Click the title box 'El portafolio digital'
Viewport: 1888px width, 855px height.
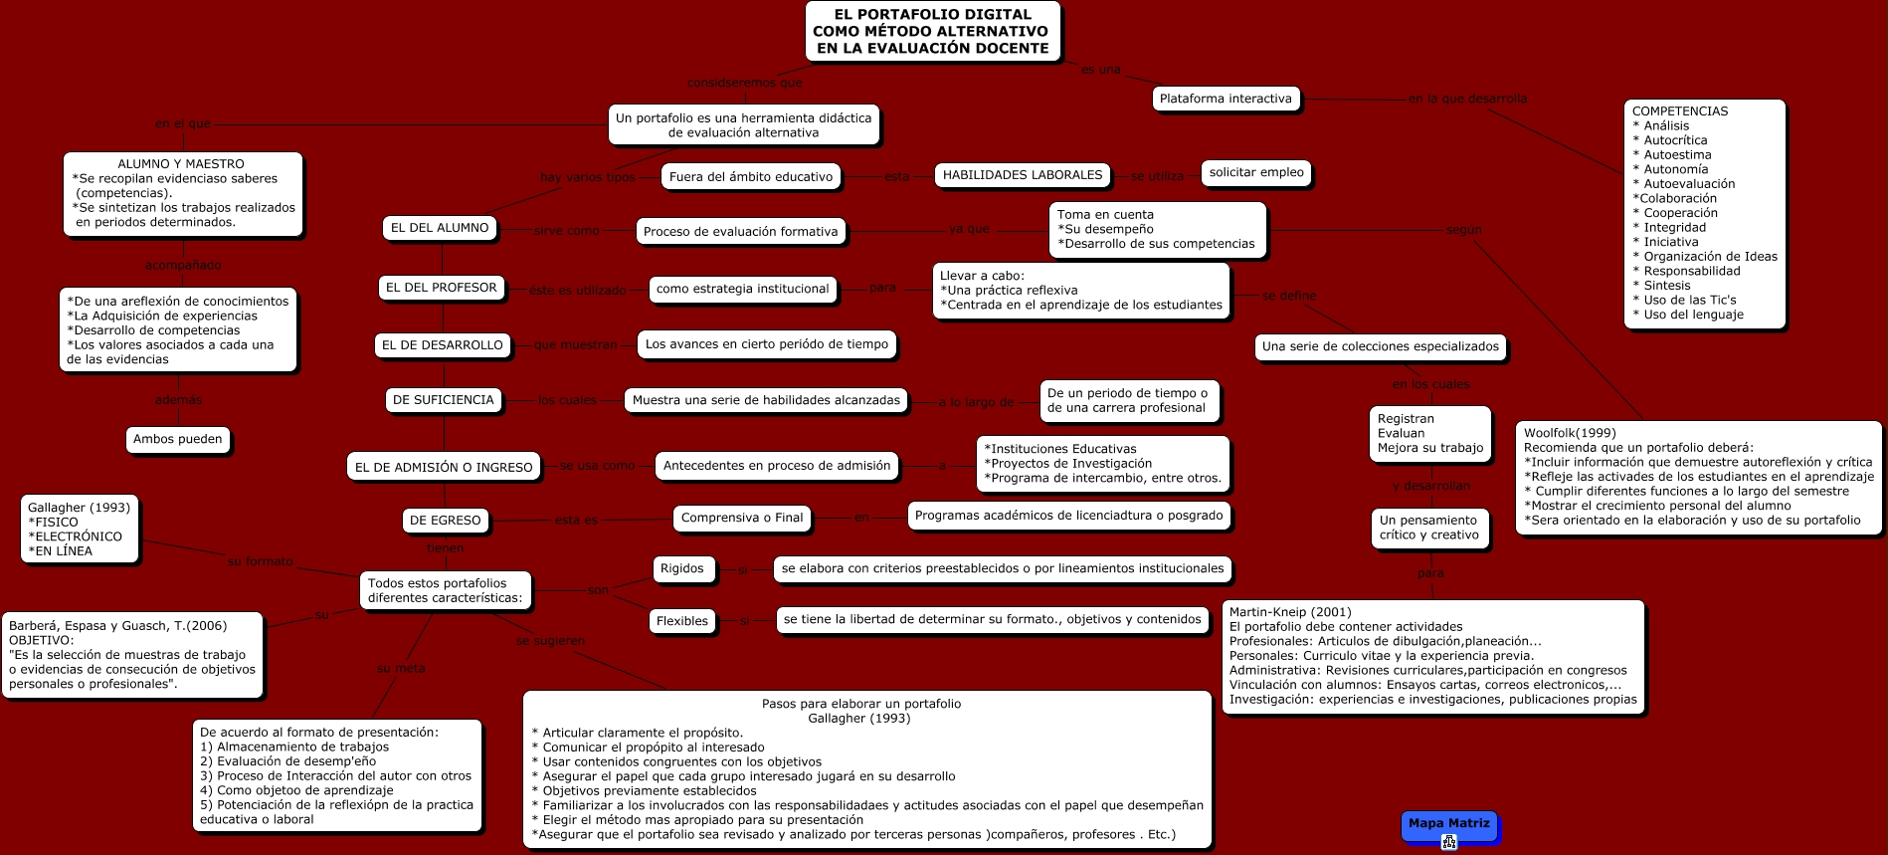932,31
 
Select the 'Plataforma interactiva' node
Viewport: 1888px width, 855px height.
1226,99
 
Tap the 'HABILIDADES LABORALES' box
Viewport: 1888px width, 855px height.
1022,175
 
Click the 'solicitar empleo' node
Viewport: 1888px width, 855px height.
1256,172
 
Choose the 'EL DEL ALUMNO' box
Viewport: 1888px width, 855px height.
440,228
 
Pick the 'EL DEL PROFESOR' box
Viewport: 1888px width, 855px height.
441,288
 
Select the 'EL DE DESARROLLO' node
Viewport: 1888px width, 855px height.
443,345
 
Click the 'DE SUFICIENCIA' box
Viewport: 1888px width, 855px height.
443,400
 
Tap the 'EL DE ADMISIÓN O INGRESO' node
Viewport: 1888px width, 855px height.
444,467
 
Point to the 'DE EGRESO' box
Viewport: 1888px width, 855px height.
445,520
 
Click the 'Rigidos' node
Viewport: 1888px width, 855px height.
681,568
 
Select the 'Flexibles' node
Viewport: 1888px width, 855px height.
682,621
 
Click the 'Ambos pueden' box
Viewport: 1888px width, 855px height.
178,439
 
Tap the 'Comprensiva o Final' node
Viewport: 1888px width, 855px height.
742,518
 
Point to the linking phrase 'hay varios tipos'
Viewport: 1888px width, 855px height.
587,177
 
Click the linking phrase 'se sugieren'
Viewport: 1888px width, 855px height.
550,641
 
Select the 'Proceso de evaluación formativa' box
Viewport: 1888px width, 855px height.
740,232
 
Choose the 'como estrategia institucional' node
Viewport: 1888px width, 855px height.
742,289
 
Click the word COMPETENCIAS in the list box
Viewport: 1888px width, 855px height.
1680,111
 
